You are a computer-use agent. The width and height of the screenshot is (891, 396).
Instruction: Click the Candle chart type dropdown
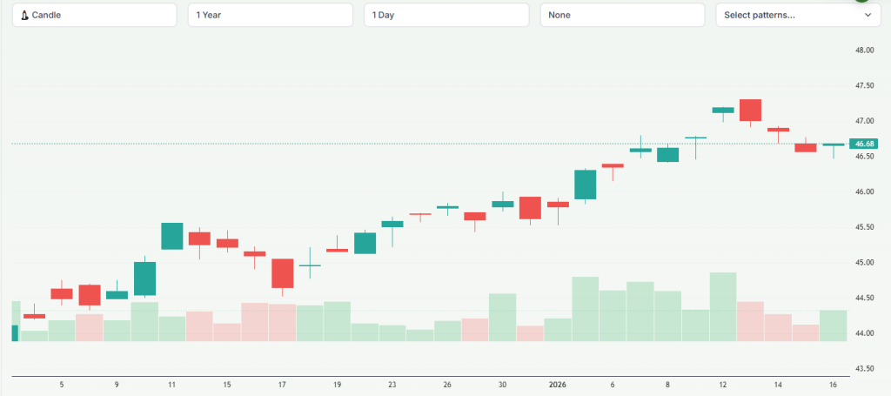point(94,15)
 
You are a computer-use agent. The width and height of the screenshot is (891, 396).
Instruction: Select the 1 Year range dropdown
point(270,15)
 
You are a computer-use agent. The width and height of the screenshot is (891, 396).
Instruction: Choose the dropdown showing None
point(622,15)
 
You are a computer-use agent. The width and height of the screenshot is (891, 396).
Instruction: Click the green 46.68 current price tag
point(865,144)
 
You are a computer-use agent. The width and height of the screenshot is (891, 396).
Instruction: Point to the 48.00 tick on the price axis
point(864,50)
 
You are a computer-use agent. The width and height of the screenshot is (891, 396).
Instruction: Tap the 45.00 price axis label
point(864,263)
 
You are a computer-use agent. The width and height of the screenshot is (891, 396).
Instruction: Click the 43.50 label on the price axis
point(864,369)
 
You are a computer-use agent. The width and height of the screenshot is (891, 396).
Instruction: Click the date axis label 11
point(172,384)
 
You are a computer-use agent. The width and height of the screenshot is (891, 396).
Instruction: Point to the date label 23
point(392,384)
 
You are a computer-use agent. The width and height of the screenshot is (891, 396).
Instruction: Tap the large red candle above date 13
point(751,110)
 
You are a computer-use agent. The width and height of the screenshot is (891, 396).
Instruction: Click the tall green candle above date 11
point(172,236)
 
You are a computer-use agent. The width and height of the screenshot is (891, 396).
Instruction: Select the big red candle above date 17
point(283,273)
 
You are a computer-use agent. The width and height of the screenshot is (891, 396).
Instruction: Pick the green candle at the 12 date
point(723,110)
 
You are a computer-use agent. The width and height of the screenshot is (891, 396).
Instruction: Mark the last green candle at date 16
point(834,144)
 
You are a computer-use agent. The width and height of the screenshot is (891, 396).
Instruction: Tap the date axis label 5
point(62,384)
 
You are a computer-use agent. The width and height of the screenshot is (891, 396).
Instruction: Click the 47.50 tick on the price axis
point(864,86)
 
